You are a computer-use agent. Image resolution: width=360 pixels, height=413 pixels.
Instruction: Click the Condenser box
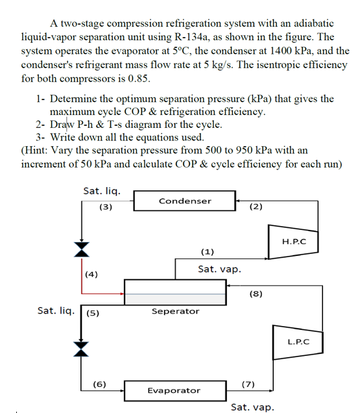click(x=185, y=201)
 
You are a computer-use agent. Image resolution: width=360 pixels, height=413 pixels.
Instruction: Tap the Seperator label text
click(x=175, y=311)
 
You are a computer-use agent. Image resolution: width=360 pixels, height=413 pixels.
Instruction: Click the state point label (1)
click(x=208, y=251)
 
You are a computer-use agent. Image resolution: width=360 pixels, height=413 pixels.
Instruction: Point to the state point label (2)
click(x=256, y=207)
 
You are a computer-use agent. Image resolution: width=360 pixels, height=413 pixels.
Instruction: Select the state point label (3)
click(x=106, y=208)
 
